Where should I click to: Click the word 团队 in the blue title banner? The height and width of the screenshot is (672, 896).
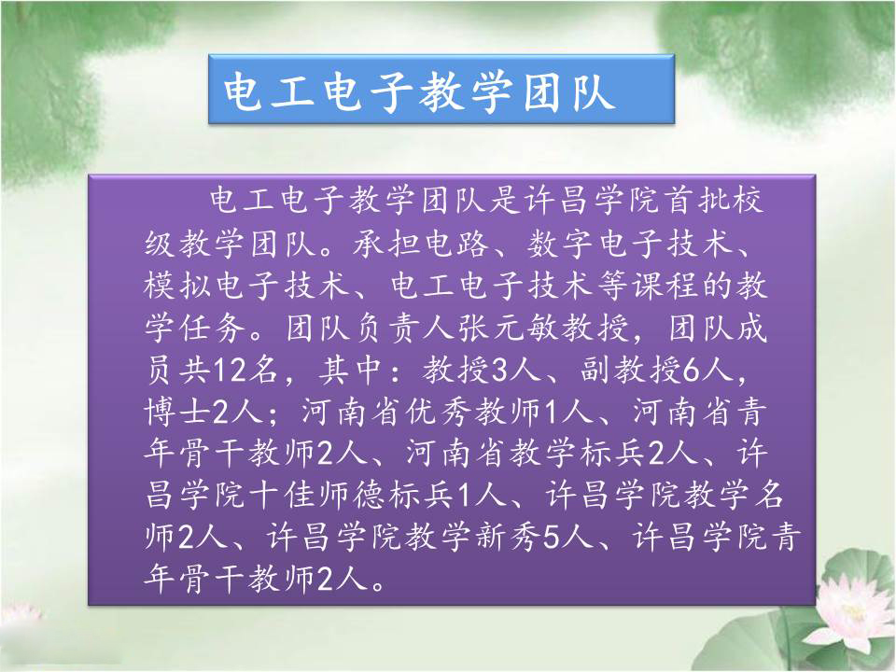pos(569,91)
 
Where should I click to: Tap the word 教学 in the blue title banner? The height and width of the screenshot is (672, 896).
pos(465,91)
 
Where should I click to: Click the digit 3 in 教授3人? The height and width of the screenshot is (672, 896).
pos(498,371)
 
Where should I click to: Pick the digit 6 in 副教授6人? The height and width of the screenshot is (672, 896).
pos(691,371)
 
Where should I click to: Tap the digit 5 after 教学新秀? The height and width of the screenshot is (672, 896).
pos(550,538)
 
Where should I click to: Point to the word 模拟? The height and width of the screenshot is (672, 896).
pos(176,286)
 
